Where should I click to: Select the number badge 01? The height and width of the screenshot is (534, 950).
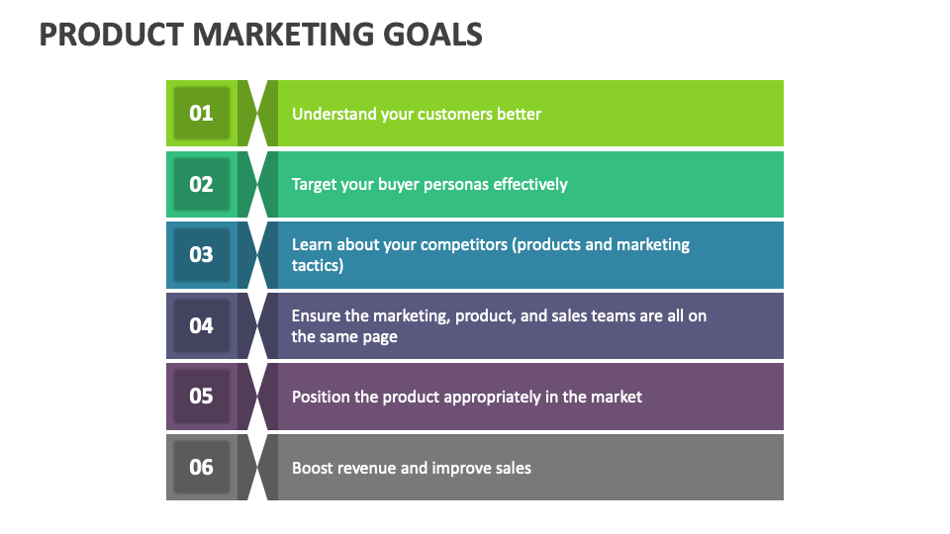pos(201,113)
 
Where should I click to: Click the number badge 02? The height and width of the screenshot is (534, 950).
pos(201,184)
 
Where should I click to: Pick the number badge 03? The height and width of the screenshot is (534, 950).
pos(201,254)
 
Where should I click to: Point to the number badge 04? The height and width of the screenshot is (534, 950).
pos(201,325)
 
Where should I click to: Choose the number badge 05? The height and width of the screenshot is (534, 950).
pos(201,396)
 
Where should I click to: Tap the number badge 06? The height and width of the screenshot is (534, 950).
pos(201,467)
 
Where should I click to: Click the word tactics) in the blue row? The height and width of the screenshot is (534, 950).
pos(318,265)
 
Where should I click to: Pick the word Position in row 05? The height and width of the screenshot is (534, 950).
pos(321,397)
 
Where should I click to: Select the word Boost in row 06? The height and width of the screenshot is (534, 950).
pos(312,468)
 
